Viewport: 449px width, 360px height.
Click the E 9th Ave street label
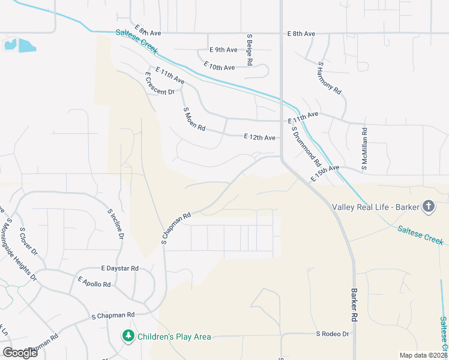pyautogui.click(x=223, y=50)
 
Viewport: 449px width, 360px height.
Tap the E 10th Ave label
pyautogui.click(x=219, y=66)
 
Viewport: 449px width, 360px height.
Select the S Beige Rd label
pyautogui.click(x=250, y=49)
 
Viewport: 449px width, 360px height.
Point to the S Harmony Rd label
pyautogui.click(x=330, y=78)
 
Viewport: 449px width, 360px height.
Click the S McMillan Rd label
pyautogui.click(x=364, y=143)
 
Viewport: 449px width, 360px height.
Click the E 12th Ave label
pyautogui.click(x=260, y=137)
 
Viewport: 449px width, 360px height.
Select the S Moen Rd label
pyautogui.click(x=194, y=119)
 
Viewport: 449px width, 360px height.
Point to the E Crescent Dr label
pyautogui.click(x=159, y=83)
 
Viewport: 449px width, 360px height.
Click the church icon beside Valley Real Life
pyautogui.click(x=428, y=207)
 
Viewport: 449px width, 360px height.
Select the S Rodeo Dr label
pyautogui.click(x=333, y=334)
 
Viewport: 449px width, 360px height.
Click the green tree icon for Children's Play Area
pyautogui.click(x=128, y=337)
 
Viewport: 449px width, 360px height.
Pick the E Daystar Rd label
pyautogui.click(x=120, y=268)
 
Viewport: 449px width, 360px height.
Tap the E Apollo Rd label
pyautogui.click(x=94, y=281)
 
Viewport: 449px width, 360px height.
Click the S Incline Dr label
pyautogui.click(x=116, y=224)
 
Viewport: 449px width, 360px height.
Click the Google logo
pyautogui.click(x=20, y=353)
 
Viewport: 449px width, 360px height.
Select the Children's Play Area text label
pyautogui.click(x=174, y=337)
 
